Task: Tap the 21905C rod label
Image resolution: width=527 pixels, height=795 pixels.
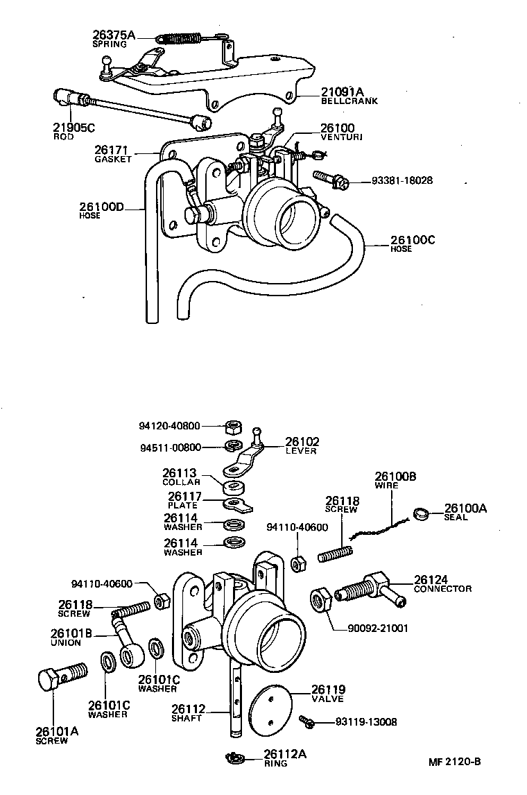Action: click(74, 128)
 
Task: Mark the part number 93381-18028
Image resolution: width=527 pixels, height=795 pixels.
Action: click(402, 180)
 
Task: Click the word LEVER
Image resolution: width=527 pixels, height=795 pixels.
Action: click(300, 451)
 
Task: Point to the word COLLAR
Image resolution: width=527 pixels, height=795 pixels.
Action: click(181, 481)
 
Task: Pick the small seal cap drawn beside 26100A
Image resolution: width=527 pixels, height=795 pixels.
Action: click(420, 514)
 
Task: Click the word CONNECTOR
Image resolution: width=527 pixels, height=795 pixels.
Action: click(442, 589)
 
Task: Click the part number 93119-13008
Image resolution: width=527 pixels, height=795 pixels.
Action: click(366, 721)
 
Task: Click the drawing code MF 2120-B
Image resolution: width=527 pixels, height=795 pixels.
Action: click(454, 761)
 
